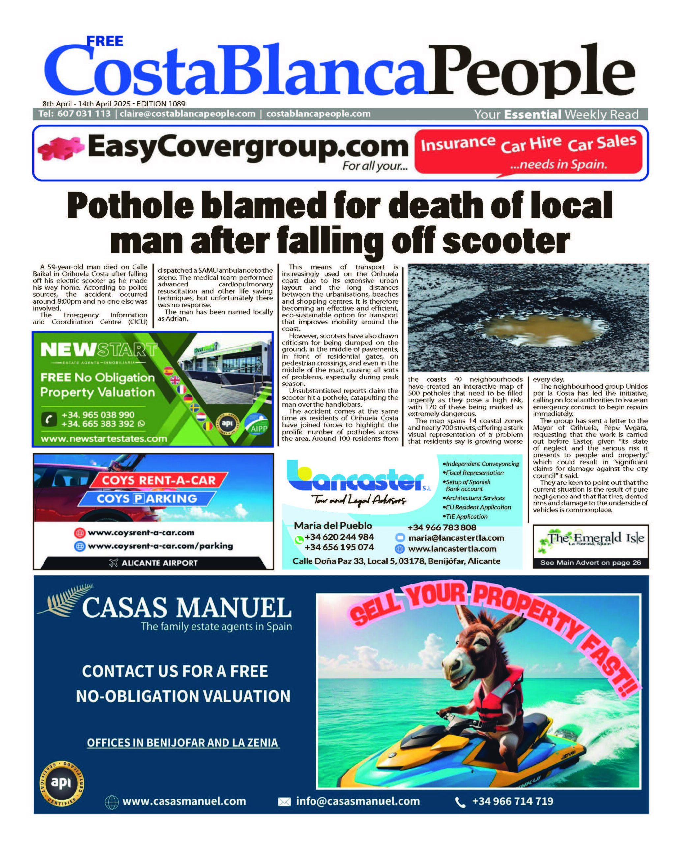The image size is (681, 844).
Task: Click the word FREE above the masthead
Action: tap(105, 41)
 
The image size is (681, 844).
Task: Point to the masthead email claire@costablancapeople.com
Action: tap(188, 114)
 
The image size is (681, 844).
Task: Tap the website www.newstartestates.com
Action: tap(104, 439)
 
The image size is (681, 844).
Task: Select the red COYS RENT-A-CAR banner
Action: tap(159, 480)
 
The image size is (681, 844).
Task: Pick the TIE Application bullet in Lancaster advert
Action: tap(466, 516)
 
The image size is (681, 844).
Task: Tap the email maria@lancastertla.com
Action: tap(456, 538)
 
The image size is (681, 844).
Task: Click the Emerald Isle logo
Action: tap(590, 539)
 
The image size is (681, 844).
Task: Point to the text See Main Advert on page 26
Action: tap(590, 563)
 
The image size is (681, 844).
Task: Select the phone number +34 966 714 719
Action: tap(512, 801)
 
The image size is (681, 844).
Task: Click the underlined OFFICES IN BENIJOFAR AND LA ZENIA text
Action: tap(182, 743)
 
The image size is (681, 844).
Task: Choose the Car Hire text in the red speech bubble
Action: tap(531, 144)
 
